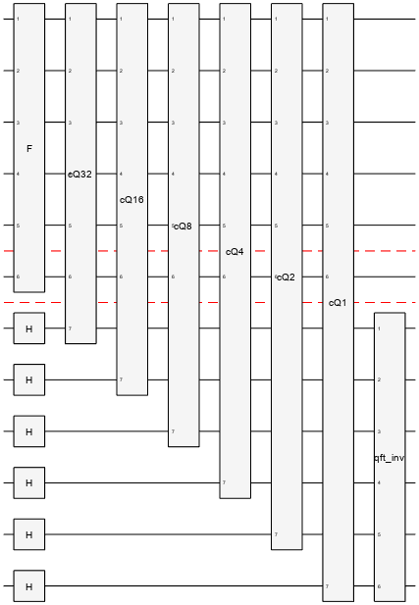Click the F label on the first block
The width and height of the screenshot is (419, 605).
[x=29, y=148]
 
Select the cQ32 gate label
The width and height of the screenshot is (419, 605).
[x=80, y=174]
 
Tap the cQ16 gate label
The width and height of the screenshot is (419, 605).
[x=131, y=199]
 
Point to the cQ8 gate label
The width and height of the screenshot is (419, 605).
[x=183, y=226]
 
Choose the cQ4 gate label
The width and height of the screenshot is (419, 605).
[x=235, y=251]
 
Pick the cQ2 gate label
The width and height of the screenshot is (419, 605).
[x=286, y=277]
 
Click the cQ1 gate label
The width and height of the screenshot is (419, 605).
[x=338, y=302]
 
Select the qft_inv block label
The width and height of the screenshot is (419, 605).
[x=390, y=458]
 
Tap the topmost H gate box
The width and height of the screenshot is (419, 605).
[x=29, y=328]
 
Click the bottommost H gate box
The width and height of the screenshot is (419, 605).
[x=29, y=586]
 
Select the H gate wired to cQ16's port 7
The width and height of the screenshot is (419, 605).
[x=29, y=379]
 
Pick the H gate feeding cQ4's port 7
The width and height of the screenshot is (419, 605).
[x=29, y=482]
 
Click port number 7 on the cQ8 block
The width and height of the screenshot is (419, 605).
[x=173, y=431]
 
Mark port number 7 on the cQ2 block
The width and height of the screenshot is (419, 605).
[x=276, y=534]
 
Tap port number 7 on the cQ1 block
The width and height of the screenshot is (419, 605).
[x=327, y=586]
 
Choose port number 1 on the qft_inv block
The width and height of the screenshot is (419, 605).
[x=379, y=328]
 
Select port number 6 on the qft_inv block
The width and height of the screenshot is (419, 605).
[x=379, y=586]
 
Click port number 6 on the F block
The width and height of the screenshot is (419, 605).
[x=18, y=277]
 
